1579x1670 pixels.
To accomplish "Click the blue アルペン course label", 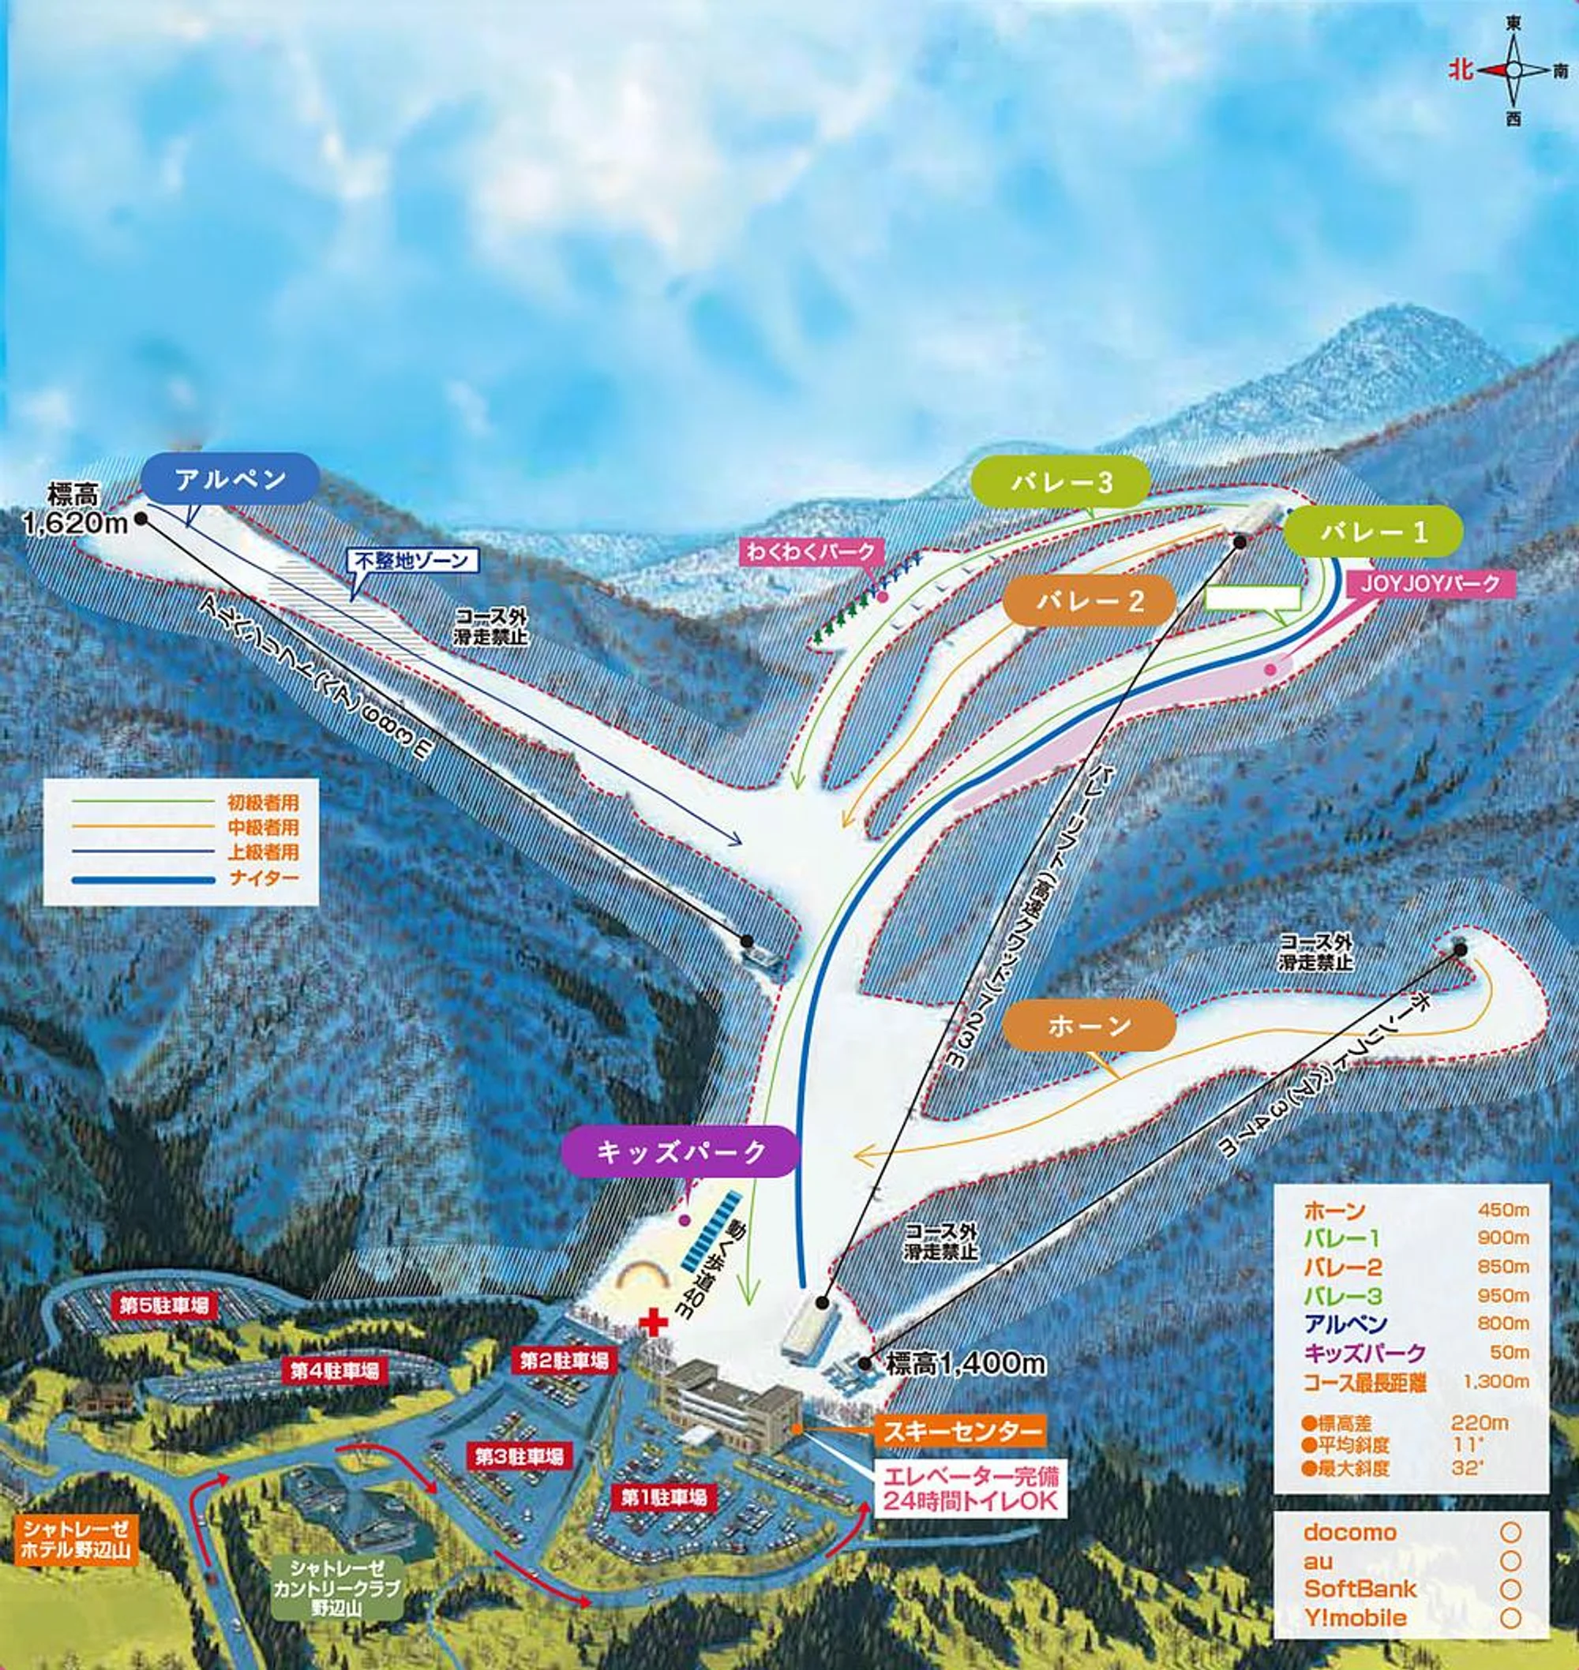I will pyautogui.click(x=230, y=480).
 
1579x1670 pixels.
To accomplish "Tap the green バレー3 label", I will pyautogui.click(x=1060, y=482).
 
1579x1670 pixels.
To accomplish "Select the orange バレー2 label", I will pyautogui.click(x=1090, y=601).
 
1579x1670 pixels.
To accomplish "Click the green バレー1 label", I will pyautogui.click(x=1373, y=532).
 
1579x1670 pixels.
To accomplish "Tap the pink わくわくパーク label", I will pyautogui.click(x=808, y=552).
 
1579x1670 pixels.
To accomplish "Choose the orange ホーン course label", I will pyautogui.click(x=1090, y=1025).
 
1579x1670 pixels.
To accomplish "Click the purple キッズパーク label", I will pyautogui.click(x=680, y=1151).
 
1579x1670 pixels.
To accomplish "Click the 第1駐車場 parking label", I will pyautogui.click(x=664, y=1496).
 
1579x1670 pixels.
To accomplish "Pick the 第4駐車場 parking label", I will pyautogui.click(x=334, y=1372).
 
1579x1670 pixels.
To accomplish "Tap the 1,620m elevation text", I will pyautogui.click(x=75, y=524).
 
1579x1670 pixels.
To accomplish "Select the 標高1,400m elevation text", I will pyautogui.click(x=966, y=1364).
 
